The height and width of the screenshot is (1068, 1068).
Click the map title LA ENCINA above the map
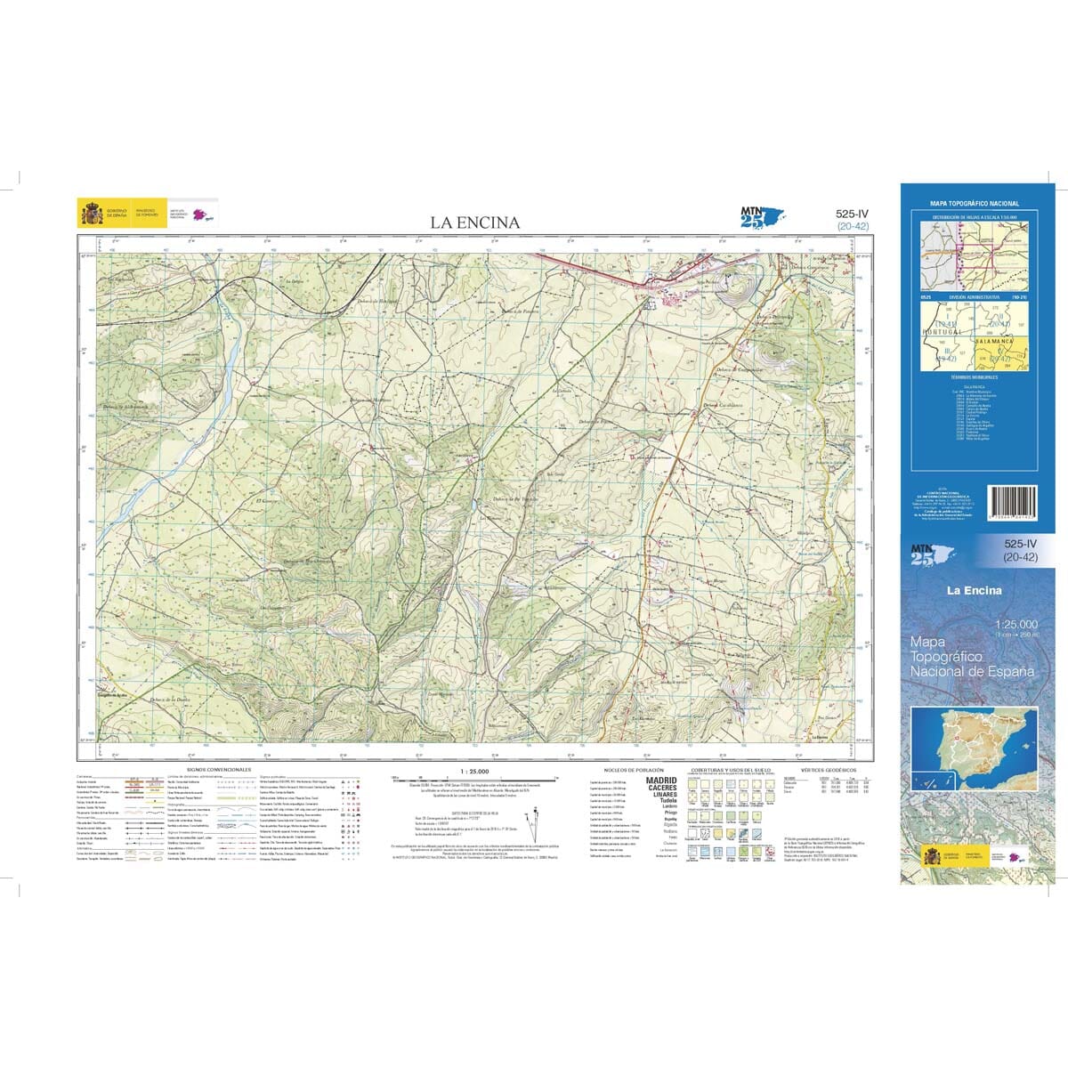(475, 222)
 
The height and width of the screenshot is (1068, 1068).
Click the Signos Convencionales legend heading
(219, 769)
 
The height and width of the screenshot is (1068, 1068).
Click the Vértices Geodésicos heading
(828, 769)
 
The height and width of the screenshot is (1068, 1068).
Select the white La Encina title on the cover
(974, 590)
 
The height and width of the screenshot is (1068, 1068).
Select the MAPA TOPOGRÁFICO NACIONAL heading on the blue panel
(975, 204)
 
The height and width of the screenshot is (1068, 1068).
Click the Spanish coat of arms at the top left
(92, 214)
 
